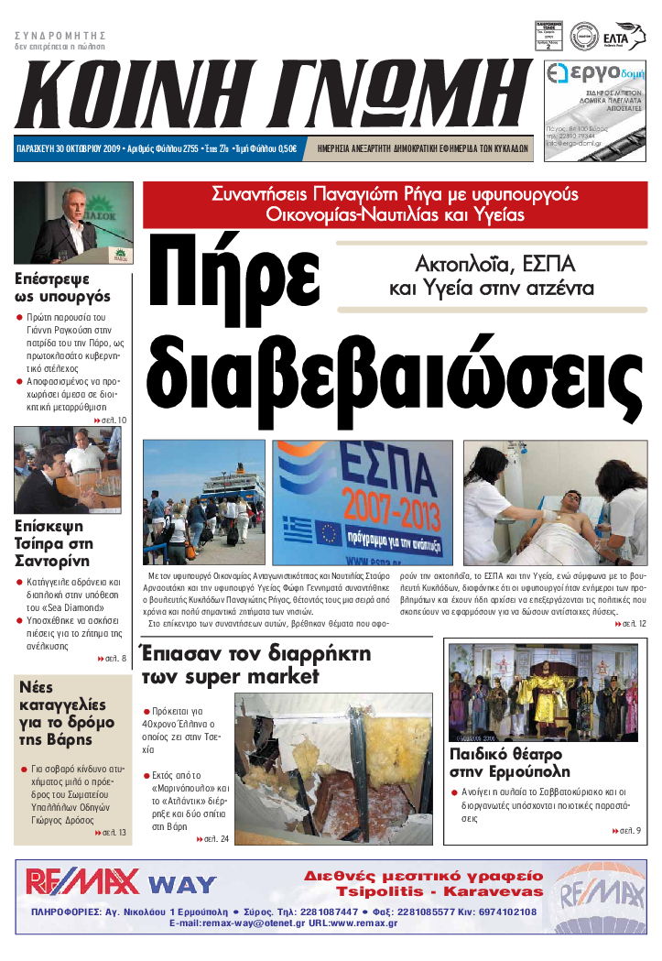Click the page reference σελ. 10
[111, 420]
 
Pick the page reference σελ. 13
[111, 833]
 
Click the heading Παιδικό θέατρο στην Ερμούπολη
[509, 762]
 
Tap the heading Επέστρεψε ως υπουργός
[63, 288]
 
